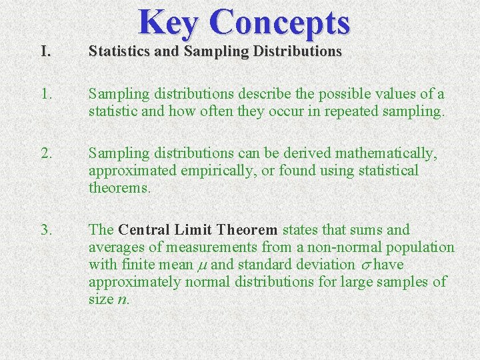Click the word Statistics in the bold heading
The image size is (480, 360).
[x=118, y=51]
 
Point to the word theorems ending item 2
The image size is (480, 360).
[x=119, y=188]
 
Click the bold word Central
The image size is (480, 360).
[x=146, y=230]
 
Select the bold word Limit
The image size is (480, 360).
[x=193, y=230]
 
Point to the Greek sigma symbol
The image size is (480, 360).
[x=365, y=265]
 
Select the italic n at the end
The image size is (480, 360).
[x=121, y=300]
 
